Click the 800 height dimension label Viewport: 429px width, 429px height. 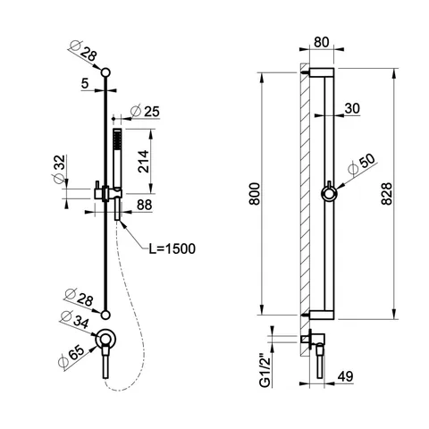[x=255, y=194]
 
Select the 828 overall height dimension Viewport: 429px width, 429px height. [x=386, y=194]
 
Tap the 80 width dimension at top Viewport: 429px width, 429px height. [x=321, y=42]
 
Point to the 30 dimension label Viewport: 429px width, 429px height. [x=352, y=108]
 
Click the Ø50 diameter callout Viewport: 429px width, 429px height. [x=362, y=164]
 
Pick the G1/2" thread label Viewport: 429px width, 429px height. [x=265, y=371]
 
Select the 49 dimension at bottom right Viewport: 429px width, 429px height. [x=346, y=376]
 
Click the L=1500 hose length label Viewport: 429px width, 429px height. [x=172, y=248]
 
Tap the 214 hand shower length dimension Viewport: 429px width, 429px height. [x=144, y=162]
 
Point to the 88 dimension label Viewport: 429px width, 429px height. [x=145, y=205]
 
